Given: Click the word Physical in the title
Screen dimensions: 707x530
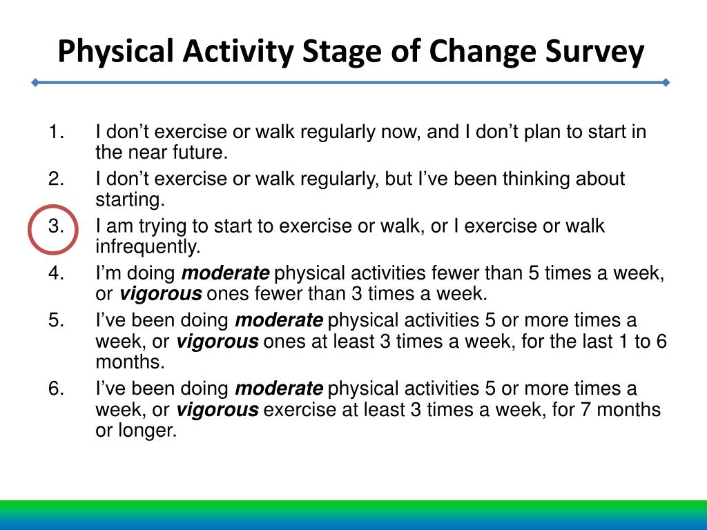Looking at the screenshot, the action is pyautogui.click(x=116, y=51).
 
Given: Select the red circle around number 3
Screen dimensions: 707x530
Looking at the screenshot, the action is pyautogui.click(x=28, y=230).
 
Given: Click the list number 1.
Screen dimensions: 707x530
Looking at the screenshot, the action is pyautogui.click(x=56, y=132).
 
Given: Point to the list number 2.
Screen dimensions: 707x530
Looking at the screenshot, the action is pyautogui.click(x=56, y=179).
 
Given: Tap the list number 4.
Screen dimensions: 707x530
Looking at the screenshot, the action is pyautogui.click(x=56, y=273).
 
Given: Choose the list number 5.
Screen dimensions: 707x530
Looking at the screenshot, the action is pyautogui.click(x=56, y=320).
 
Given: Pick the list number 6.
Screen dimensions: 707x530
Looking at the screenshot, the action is pyautogui.click(x=56, y=389).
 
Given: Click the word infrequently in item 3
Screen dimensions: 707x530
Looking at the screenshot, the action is pyautogui.click(x=148, y=246).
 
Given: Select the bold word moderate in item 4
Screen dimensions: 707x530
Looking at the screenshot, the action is pyautogui.click(x=226, y=273).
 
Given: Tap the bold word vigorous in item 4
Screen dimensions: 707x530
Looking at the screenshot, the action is pyautogui.click(x=160, y=294).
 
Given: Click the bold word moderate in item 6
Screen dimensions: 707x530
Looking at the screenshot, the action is pyautogui.click(x=279, y=389).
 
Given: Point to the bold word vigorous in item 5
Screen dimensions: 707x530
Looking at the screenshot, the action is pyautogui.click(x=217, y=341).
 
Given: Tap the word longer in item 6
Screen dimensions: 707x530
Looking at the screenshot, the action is pyautogui.click(x=147, y=431).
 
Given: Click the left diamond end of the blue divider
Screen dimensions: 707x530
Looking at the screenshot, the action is pyautogui.click(x=35, y=83).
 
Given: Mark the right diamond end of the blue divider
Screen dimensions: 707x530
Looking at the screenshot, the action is pyautogui.click(x=666, y=83).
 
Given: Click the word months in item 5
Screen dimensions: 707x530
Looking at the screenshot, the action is pyautogui.click(x=130, y=362).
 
